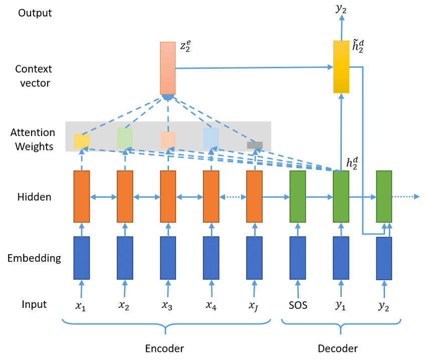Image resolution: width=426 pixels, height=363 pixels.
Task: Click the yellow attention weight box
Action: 82,141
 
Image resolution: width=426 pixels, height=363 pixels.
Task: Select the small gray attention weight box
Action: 255,145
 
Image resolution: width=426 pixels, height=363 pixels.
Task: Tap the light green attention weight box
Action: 125,138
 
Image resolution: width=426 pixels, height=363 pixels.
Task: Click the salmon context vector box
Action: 167,68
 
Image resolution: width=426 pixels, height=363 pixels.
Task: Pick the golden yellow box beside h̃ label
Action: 341,67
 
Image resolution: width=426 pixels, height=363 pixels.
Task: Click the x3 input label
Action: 167,305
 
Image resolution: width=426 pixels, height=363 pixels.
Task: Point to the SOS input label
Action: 298,305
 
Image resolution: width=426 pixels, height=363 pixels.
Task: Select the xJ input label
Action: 254,306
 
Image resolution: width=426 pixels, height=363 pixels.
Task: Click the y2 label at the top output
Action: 341,9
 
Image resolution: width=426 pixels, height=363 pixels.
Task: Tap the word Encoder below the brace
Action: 164,348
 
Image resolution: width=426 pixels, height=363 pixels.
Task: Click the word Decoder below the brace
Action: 338,348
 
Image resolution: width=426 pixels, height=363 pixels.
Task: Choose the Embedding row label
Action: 34,258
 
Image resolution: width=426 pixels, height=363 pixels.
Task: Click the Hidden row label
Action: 34,197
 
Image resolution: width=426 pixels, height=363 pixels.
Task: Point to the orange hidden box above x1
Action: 82,197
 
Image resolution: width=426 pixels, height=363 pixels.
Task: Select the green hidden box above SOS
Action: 298,197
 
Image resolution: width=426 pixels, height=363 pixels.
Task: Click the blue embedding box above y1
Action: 341,258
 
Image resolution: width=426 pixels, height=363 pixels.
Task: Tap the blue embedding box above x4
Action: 211,258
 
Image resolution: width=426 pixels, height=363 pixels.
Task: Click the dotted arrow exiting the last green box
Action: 406,197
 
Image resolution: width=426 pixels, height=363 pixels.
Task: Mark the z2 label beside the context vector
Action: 185,46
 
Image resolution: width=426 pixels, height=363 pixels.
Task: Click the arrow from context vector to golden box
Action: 254,68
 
